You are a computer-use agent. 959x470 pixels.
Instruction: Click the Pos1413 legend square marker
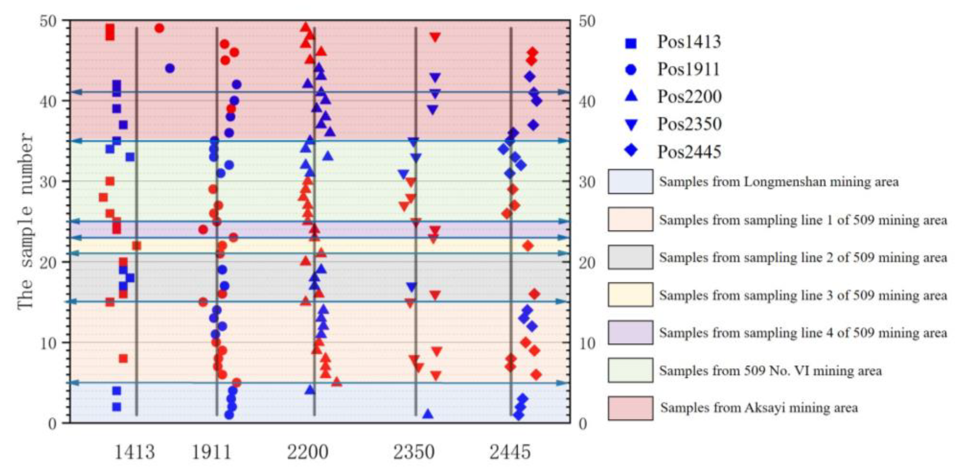(x=631, y=43)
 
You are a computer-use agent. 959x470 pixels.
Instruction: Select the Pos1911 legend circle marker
(x=631, y=70)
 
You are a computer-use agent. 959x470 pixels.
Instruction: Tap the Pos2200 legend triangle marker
(x=631, y=96)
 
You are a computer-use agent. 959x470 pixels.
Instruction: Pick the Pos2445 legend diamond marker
(x=631, y=151)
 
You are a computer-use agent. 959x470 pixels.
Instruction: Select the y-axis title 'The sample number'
(x=25, y=221)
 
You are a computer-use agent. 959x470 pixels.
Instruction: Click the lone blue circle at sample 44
(x=170, y=68)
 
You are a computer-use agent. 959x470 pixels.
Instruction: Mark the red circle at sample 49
(x=159, y=28)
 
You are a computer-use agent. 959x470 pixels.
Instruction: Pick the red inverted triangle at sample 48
(x=435, y=37)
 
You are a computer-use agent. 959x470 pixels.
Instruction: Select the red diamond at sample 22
(x=528, y=246)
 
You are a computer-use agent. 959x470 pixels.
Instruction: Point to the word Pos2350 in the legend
(x=689, y=124)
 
